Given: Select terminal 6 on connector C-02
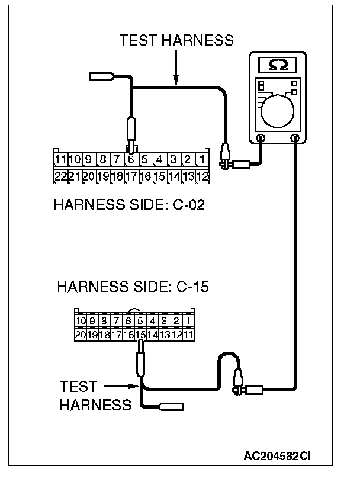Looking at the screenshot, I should point(131,160).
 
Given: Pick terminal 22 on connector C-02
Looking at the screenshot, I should point(60,176).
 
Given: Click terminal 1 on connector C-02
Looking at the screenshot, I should point(202,160).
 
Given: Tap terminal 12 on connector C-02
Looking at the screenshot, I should point(202,176).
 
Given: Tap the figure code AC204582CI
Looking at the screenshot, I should point(277,457).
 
